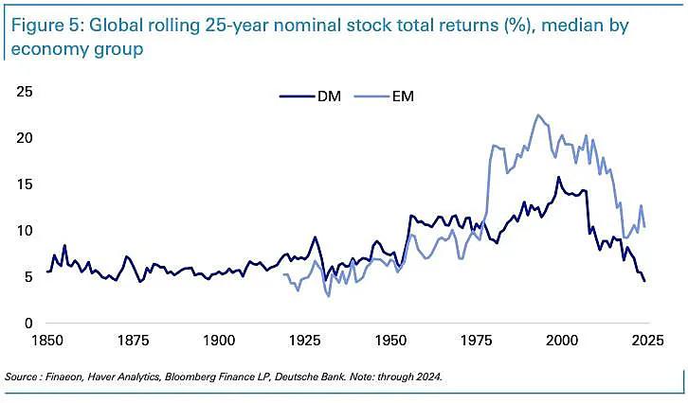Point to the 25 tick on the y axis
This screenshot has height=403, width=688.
24,92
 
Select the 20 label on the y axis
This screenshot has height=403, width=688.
24,138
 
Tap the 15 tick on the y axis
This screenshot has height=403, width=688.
24,184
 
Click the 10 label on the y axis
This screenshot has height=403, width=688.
24,231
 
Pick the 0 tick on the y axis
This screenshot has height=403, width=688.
28,324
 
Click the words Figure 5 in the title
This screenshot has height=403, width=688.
44,25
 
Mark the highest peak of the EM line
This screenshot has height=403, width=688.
538,115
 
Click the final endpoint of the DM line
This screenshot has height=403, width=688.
644,281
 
